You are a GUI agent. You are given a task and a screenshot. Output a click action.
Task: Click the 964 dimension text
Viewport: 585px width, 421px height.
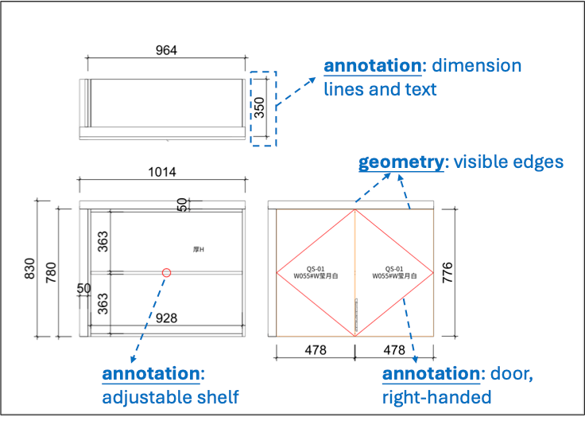(165, 50)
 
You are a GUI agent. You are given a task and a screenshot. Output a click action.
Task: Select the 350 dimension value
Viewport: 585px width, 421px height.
(259, 108)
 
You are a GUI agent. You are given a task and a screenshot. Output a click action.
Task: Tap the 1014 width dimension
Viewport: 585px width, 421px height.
(162, 172)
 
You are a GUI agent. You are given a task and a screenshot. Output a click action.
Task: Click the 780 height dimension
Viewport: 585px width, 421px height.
(51, 271)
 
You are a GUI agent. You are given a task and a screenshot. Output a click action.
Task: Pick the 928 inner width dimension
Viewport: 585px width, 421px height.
(165, 318)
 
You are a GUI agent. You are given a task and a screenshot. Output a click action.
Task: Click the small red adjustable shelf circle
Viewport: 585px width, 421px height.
(166, 273)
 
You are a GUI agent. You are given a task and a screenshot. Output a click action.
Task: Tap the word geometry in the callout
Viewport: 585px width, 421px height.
(401, 162)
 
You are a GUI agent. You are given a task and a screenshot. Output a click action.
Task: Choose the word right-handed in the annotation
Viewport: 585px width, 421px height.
(436, 396)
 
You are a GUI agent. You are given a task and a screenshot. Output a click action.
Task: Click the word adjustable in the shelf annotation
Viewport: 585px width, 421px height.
(146, 396)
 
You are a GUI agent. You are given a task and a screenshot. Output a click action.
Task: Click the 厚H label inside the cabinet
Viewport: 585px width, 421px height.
(199, 250)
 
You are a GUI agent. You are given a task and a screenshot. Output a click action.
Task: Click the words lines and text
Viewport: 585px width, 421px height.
(381, 88)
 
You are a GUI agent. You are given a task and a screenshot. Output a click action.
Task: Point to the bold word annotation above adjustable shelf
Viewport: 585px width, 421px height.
(151, 374)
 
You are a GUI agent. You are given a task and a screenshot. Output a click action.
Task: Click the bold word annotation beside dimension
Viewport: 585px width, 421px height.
(372, 65)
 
